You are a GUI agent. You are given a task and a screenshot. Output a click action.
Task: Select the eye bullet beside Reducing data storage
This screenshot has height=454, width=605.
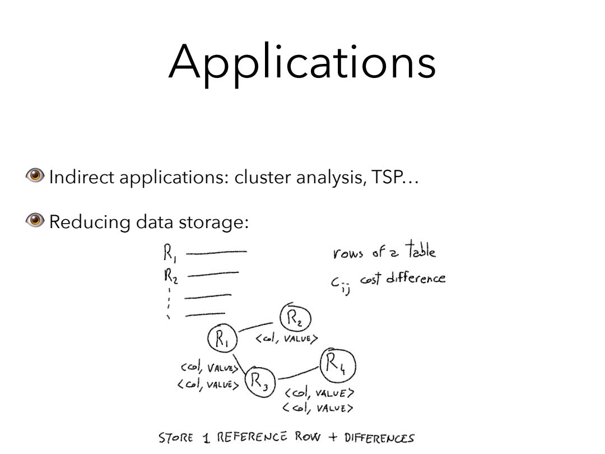39,223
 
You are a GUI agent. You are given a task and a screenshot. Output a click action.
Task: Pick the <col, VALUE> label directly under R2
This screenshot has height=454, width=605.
287,338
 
